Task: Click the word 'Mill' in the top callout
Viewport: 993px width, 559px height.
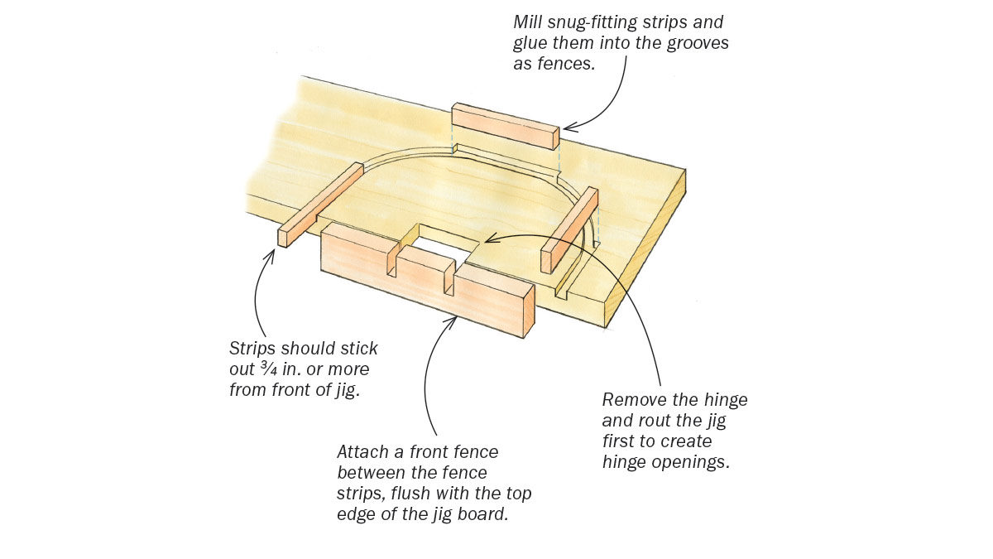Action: coord(528,22)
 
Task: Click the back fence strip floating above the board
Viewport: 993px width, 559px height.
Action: coord(505,126)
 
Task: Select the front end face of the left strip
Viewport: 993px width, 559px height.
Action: coord(283,238)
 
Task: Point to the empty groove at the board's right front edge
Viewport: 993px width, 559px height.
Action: coord(569,284)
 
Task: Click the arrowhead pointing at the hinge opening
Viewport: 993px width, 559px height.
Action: coord(490,240)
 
